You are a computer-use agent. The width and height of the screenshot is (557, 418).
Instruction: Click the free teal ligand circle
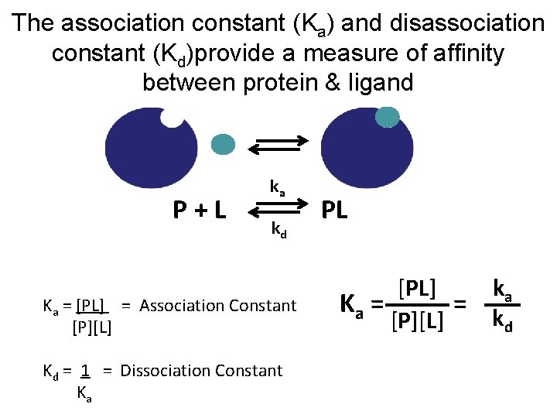tap(223, 143)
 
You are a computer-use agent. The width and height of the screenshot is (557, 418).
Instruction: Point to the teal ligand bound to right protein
tap(387, 116)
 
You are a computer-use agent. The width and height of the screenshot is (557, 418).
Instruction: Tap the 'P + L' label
tap(200, 209)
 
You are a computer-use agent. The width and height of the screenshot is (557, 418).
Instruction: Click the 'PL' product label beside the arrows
tap(333, 209)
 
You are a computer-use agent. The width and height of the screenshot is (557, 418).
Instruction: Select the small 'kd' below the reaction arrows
tap(278, 230)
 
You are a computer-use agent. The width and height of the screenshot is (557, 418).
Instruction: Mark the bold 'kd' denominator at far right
tap(503, 320)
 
